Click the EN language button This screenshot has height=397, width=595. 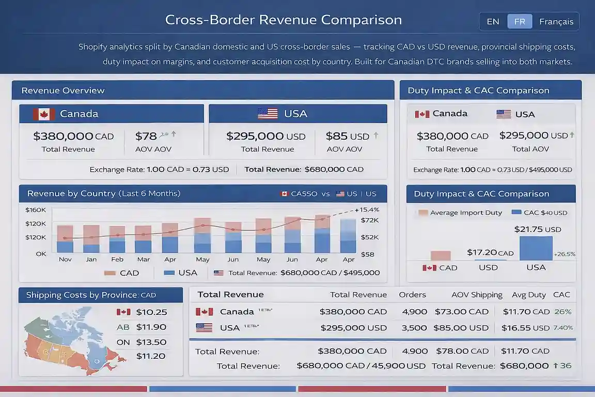[493, 22]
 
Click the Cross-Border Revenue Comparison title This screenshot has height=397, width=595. [283, 20]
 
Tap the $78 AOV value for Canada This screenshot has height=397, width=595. [146, 136]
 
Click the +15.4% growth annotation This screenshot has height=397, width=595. [367, 209]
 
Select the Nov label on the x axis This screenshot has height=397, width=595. [65, 259]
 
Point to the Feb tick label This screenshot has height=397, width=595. [117, 259]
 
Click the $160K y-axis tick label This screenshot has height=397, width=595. [36, 210]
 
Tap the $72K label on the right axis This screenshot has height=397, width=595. [370, 220]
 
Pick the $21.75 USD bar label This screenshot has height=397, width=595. [537, 230]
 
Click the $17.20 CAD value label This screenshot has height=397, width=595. [490, 253]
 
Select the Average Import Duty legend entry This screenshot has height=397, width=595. [460, 212]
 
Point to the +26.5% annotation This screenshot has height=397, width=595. [564, 254]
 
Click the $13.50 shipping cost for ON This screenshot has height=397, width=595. [151, 342]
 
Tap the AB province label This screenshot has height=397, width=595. [123, 327]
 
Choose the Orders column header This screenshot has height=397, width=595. [412, 295]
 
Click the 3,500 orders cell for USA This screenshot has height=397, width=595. [414, 328]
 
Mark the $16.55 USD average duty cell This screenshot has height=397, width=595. [525, 328]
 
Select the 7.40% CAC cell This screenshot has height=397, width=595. [563, 328]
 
